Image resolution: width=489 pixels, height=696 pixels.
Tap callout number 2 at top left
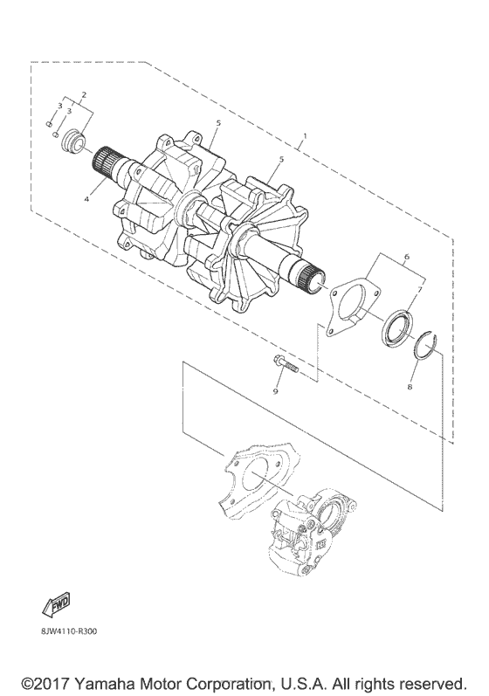click(84, 94)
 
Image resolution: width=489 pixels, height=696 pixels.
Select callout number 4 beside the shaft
click(87, 200)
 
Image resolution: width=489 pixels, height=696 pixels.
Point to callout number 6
click(407, 256)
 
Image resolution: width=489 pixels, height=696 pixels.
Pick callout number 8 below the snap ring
click(410, 387)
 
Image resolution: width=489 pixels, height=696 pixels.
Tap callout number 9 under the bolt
click(275, 391)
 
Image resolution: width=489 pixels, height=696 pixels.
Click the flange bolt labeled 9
click(283, 369)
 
